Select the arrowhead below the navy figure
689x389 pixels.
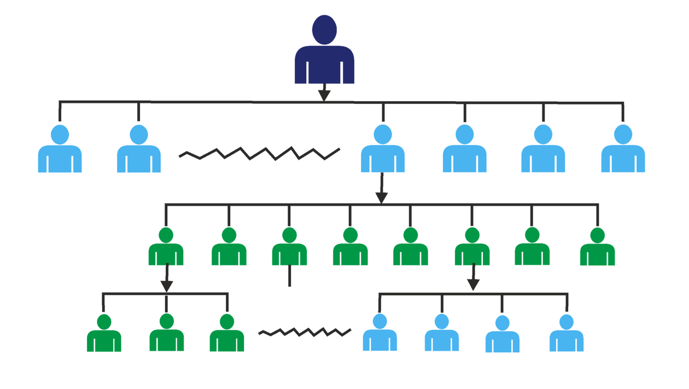325,94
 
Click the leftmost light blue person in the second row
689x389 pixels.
60,150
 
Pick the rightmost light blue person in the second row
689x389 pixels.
623,150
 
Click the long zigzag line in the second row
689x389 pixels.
260,153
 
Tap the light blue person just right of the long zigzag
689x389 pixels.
382,150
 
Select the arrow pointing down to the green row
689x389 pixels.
381,194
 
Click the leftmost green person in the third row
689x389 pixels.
166,248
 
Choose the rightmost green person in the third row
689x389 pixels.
597,248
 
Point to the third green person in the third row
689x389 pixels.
289,248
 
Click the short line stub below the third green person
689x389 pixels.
289,277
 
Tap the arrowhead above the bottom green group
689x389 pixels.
166,285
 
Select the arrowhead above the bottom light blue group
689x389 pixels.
473,284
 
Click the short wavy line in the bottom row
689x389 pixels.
305,332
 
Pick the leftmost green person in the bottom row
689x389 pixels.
104,334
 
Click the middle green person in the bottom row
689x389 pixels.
166,334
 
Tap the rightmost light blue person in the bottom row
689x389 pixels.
567,334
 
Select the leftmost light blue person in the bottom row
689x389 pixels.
379,334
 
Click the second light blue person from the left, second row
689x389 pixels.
139,150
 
